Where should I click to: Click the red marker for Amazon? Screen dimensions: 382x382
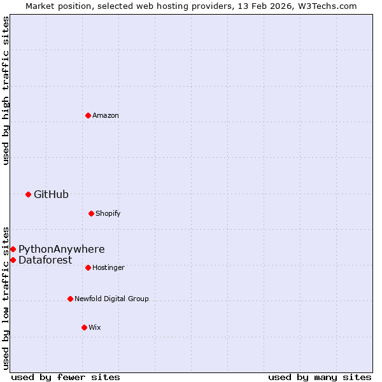[x=88, y=115]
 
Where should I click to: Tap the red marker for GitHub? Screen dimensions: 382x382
[x=28, y=194]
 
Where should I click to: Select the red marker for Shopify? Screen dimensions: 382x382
[x=91, y=213]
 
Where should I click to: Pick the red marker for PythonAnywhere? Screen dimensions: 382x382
[x=13, y=249]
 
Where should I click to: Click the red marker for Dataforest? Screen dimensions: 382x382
[x=13, y=260]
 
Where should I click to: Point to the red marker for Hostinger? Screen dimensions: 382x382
[x=88, y=267]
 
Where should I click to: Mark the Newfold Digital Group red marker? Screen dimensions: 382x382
[x=70, y=299]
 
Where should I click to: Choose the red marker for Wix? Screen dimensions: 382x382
[x=84, y=327]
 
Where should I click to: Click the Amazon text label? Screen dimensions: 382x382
[x=106, y=115]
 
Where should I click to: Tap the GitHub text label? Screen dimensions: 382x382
[x=51, y=194]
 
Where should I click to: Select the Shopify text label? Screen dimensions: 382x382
[x=108, y=213]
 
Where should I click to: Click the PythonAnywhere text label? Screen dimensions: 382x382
[x=61, y=249]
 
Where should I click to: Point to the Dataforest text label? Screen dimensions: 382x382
[x=45, y=260]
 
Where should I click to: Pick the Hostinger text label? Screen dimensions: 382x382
[x=108, y=267]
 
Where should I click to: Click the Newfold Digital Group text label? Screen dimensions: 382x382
[x=111, y=299]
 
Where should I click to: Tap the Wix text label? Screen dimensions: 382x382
[x=95, y=327]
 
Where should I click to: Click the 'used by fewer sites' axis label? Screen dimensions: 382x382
[x=66, y=377]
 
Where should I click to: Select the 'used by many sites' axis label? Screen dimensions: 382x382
[x=320, y=377]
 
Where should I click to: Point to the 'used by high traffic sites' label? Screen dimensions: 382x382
[x=6, y=90]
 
